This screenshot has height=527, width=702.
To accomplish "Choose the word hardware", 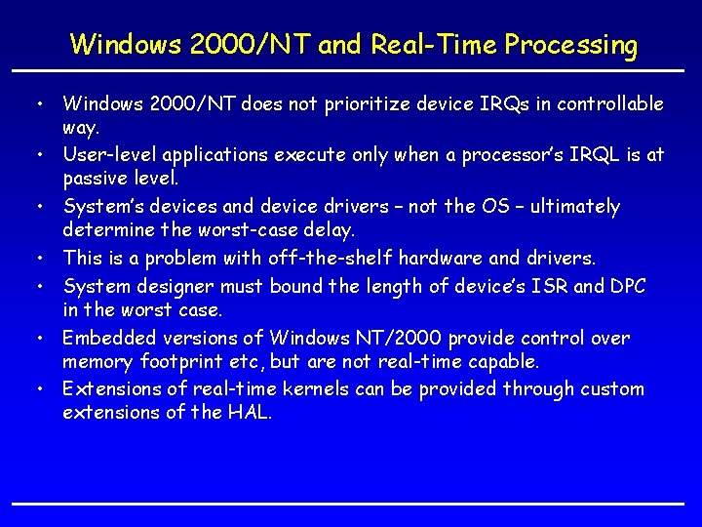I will (439, 258).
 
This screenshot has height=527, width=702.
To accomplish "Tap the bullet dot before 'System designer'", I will (41, 287).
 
